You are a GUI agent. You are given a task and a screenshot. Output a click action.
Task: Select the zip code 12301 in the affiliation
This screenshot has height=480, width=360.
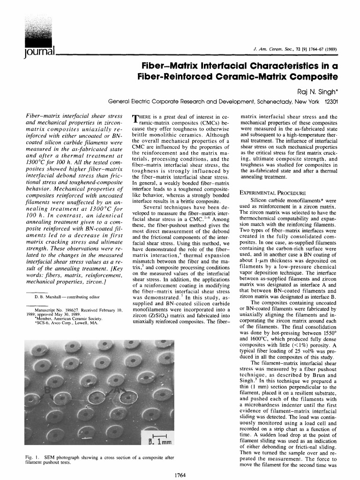[331, 101]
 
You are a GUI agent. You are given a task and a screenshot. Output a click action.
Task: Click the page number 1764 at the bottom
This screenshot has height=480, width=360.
[180, 475]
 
